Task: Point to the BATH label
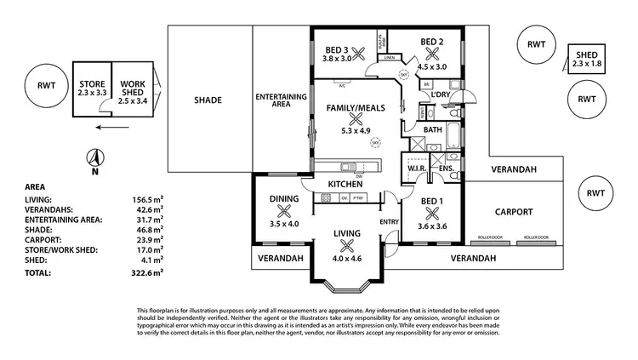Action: pos(432,129)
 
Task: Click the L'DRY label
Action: pos(441,94)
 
